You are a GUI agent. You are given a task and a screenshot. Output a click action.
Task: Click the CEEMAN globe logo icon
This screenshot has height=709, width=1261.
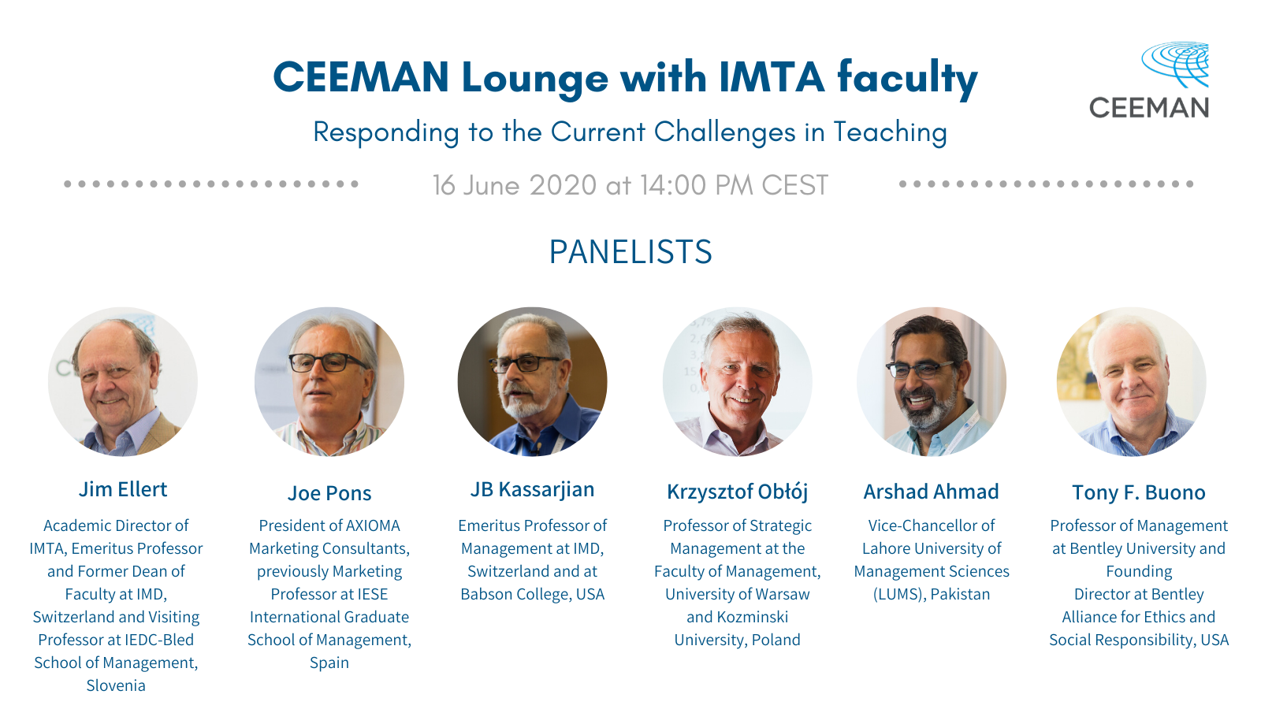tap(1175, 64)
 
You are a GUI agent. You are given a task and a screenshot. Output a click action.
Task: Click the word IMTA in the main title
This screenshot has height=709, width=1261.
tap(772, 77)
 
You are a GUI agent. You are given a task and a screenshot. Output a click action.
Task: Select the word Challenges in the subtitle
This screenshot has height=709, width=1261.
tap(724, 133)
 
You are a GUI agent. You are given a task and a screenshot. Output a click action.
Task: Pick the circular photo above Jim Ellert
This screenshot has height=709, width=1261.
tap(123, 381)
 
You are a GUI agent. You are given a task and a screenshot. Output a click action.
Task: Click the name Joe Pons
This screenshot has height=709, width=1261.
tap(329, 493)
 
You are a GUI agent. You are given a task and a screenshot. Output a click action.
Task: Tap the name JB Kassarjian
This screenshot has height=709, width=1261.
tap(532, 489)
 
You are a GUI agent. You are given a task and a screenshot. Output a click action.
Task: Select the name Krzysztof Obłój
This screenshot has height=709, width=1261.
tap(738, 492)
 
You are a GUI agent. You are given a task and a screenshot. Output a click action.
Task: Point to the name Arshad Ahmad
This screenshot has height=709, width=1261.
tap(931, 492)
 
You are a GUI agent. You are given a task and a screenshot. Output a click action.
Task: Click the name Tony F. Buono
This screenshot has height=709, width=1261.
tap(1138, 492)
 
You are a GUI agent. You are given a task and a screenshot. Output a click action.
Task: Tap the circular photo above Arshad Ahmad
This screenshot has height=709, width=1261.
tap(931, 381)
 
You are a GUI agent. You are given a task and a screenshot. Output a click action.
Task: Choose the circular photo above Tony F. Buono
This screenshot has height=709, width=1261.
tap(1132, 381)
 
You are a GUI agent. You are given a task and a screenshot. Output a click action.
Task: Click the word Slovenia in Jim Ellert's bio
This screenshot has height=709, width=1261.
tap(116, 685)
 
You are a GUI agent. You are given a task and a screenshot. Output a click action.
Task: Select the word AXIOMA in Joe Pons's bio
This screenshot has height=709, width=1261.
tap(373, 525)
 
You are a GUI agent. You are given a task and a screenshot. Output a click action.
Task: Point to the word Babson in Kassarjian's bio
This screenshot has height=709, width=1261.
tap(486, 594)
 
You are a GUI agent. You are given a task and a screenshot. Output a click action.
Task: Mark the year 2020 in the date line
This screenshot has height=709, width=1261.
tap(563, 185)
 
